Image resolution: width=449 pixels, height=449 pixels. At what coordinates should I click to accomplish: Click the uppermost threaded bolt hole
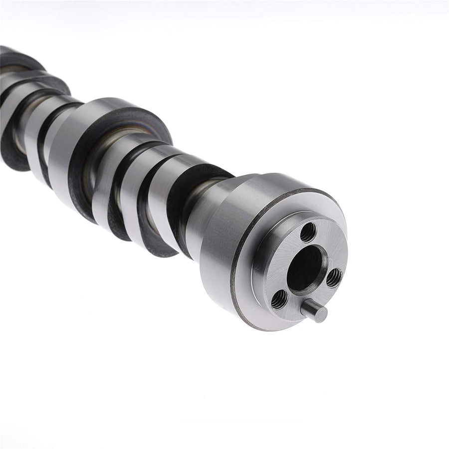[308, 232]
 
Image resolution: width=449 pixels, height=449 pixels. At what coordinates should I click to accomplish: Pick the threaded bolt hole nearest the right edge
[334, 277]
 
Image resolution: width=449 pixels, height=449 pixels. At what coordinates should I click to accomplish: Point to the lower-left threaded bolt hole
[279, 299]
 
